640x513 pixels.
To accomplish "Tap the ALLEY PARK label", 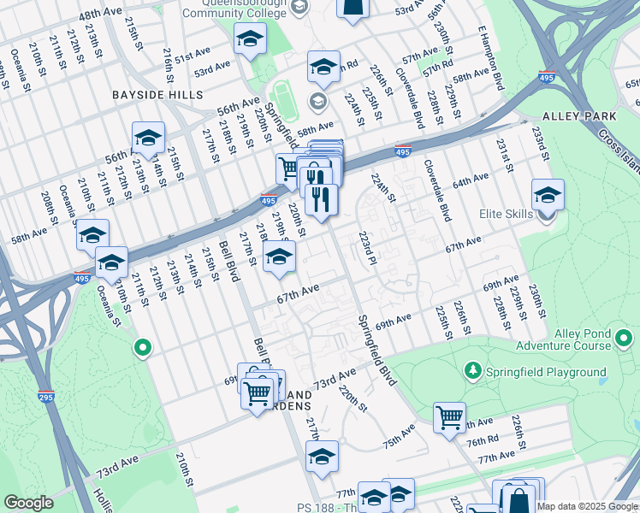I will pos(580,115).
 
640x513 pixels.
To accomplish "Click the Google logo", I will pos(28,503).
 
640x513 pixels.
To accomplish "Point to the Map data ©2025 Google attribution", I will pos(587,506).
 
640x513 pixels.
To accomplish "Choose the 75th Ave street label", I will pos(399,440).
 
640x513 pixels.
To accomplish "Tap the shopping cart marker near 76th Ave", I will pos(449,418).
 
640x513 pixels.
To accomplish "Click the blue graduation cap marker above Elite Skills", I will pos(548,195).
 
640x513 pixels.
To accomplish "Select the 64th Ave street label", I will pos(470,182).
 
